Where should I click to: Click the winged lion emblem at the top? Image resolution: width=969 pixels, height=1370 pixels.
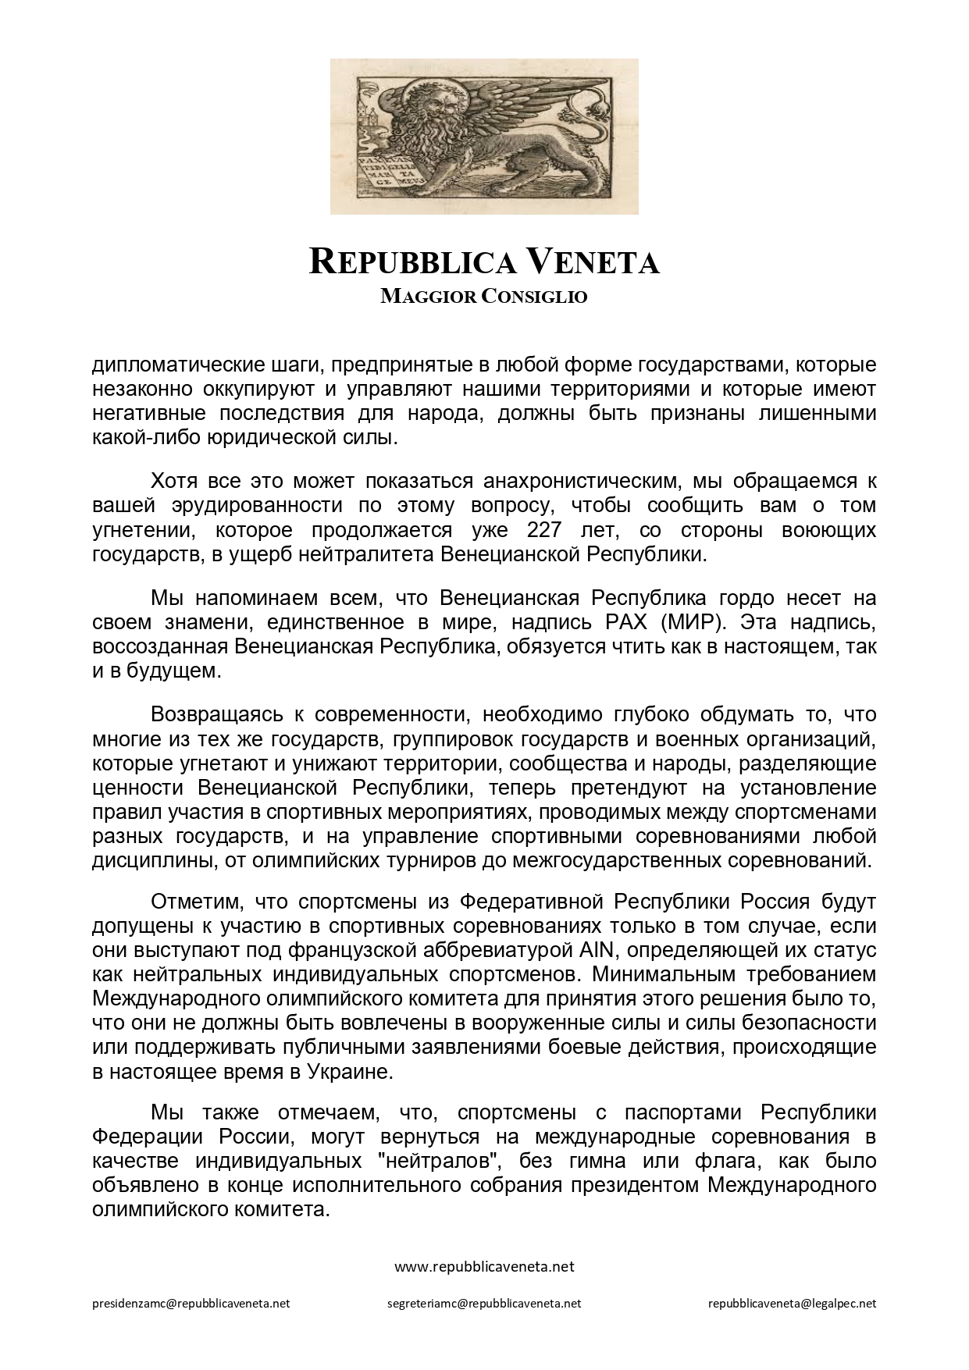click(x=484, y=136)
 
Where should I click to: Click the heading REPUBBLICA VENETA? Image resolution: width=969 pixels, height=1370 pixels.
click(x=484, y=262)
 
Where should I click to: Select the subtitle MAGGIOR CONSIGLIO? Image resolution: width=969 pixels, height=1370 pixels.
click(x=484, y=297)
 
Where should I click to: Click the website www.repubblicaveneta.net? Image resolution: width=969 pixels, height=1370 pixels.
click(x=484, y=1266)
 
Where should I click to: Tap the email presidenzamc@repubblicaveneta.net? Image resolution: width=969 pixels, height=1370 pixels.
click(x=191, y=1303)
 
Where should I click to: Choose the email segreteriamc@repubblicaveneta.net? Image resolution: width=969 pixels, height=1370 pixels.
click(x=484, y=1303)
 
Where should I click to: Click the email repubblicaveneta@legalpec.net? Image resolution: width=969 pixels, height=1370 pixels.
click(x=792, y=1303)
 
